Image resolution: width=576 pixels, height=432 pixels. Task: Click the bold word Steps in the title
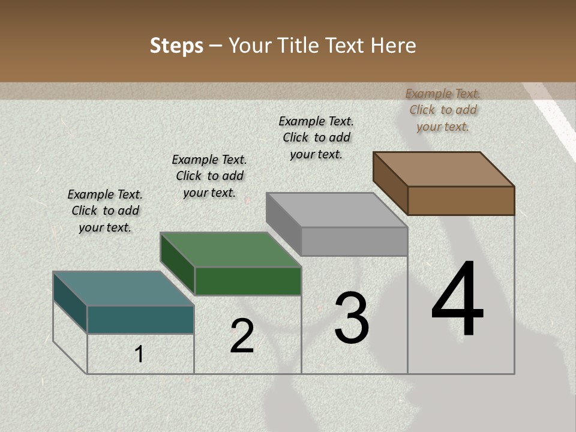176,46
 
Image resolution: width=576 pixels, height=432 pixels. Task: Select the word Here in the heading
393,46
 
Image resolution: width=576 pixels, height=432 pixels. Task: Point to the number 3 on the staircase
352,318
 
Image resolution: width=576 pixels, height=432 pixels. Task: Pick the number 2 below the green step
242,336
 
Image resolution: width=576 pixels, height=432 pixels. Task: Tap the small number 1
139,354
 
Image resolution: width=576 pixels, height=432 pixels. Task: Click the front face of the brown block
461,200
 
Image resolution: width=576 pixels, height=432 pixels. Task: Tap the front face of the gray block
354,241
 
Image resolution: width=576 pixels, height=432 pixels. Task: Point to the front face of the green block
248,281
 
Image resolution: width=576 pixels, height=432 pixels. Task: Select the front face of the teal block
140,319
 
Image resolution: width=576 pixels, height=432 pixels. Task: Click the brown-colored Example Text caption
443,110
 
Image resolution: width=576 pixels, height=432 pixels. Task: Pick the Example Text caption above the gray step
316,137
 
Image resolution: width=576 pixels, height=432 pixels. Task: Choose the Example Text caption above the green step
209,176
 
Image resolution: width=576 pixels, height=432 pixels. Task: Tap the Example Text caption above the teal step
105,211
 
